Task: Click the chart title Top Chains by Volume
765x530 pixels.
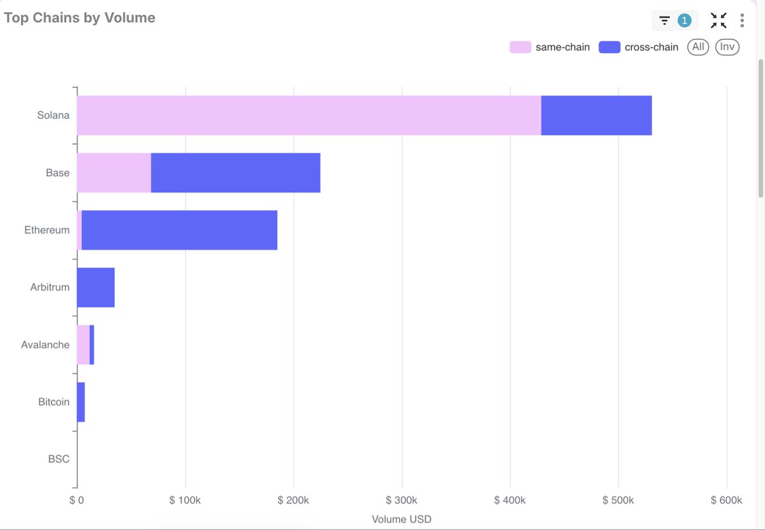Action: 80,18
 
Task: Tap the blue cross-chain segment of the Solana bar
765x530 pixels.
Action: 596,115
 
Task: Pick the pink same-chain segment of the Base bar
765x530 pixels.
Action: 113,173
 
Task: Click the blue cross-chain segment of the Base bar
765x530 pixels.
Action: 235,173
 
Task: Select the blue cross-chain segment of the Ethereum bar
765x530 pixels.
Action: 179,230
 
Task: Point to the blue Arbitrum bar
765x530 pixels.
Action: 96,288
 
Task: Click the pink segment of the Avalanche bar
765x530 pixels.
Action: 83,345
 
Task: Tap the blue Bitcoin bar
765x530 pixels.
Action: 80,402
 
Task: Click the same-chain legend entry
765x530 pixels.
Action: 550,47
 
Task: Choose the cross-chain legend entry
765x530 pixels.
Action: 639,47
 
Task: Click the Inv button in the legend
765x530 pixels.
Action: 727,47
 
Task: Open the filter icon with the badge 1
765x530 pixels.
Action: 674,20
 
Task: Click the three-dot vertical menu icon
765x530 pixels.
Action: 742,20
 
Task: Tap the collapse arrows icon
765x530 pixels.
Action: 718,20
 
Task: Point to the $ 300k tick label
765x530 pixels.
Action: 402,500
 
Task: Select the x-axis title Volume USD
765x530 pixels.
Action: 402,519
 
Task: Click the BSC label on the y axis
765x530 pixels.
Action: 59,459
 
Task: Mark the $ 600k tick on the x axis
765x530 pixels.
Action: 727,500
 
